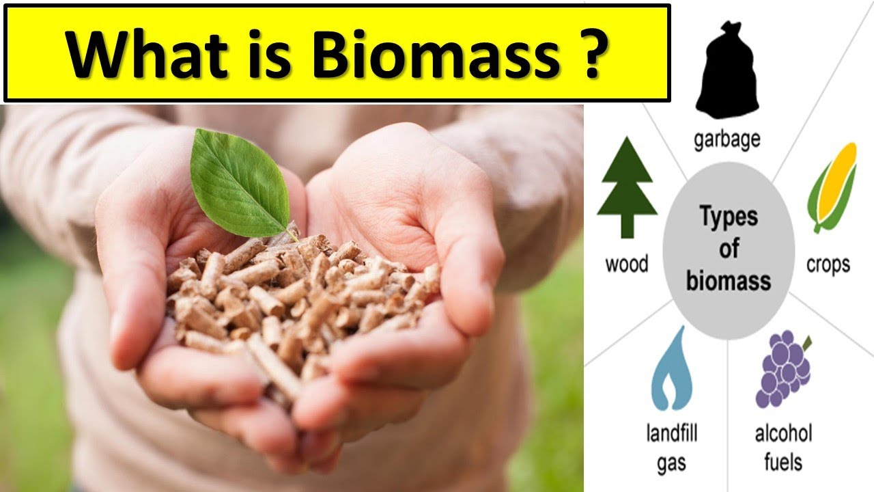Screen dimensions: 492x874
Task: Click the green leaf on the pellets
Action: pyautogui.click(x=239, y=182)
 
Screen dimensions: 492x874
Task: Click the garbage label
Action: pyautogui.click(x=727, y=140)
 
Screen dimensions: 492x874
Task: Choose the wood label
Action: pyautogui.click(x=627, y=264)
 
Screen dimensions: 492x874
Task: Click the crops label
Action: pyautogui.click(x=828, y=264)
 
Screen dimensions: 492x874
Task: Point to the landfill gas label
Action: pyautogui.click(x=671, y=448)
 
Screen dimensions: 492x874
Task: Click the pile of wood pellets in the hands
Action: pyautogui.click(x=300, y=301)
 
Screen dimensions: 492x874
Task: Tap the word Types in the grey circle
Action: pyautogui.click(x=729, y=217)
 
